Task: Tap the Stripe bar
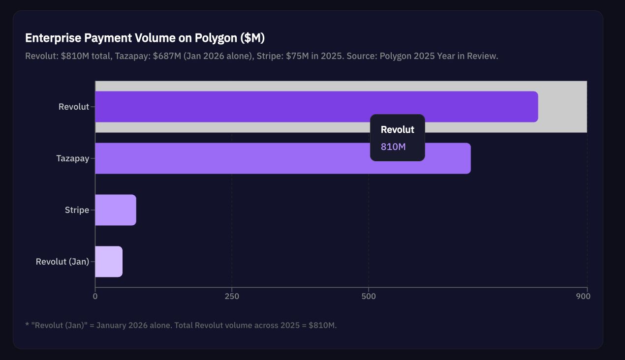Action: click(115, 210)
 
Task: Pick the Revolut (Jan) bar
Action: click(108, 262)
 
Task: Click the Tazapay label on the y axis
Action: click(72, 158)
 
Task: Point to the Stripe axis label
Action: click(77, 210)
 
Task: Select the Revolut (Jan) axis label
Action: click(62, 262)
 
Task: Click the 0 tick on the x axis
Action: click(95, 297)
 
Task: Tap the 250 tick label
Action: click(232, 297)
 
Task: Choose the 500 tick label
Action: click(368, 297)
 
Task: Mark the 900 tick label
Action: click(583, 297)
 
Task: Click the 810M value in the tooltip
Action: click(393, 147)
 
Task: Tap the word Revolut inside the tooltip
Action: click(397, 130)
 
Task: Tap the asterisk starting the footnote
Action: click(27, 325)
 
